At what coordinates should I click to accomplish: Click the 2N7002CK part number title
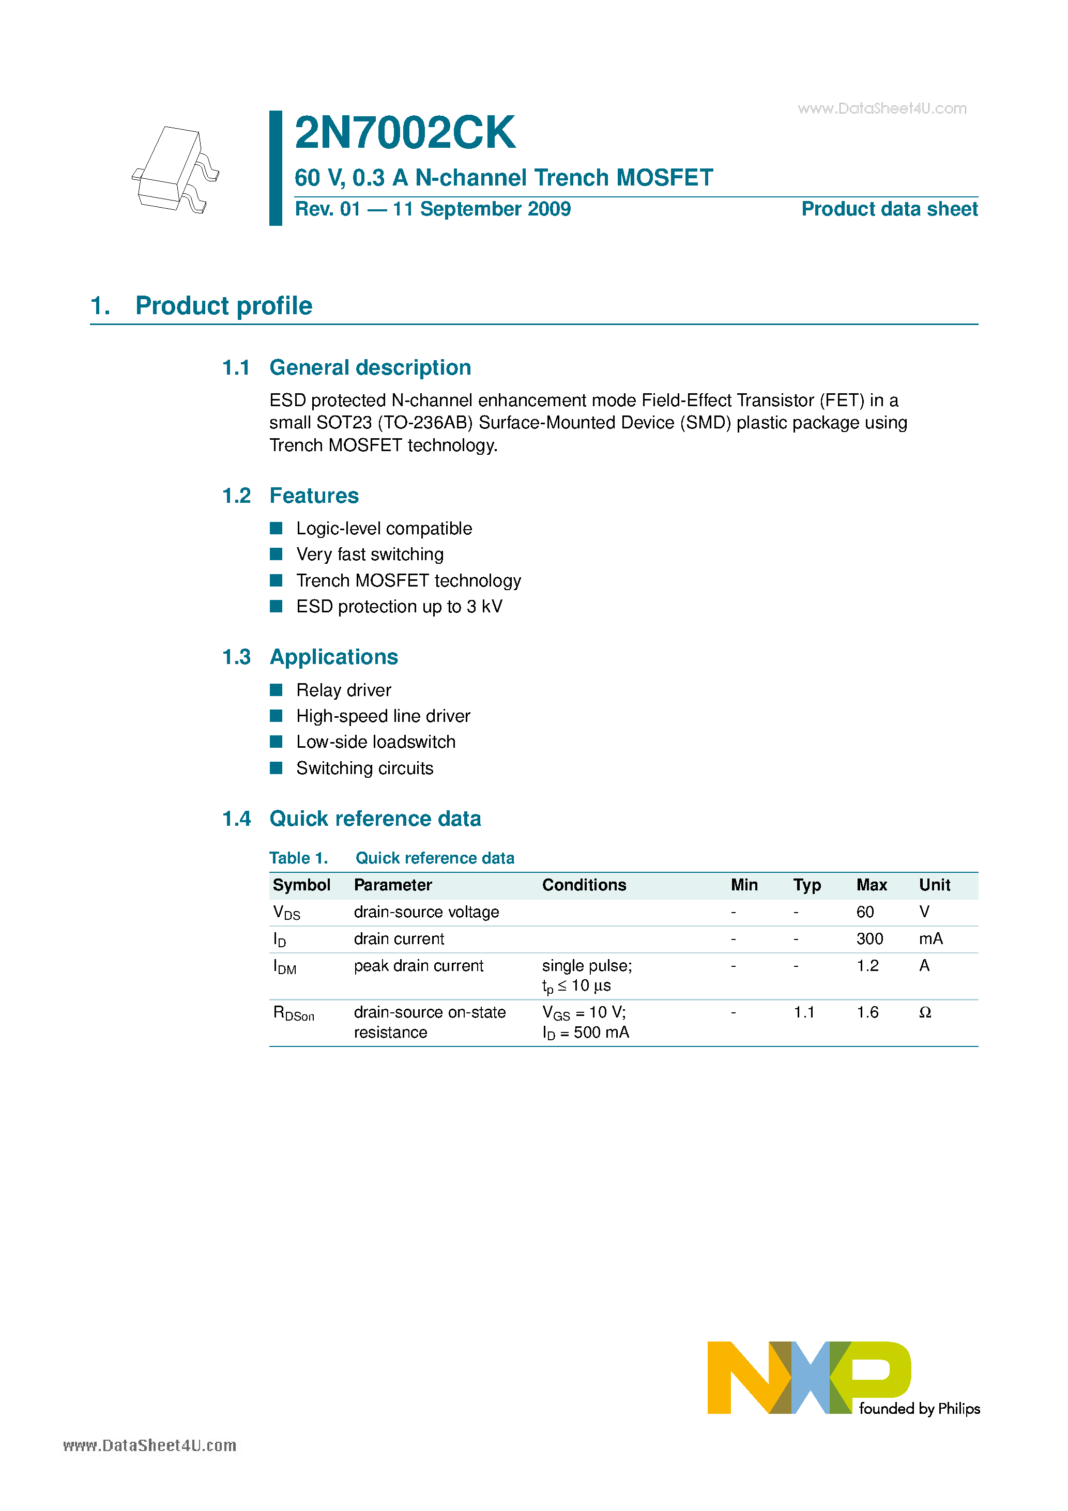click(x=404, y=133)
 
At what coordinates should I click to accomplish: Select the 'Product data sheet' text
click(x=889, y=209)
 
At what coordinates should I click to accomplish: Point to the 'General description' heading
click(x=370, y=367)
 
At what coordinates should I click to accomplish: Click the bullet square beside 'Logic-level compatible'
click(x=277, y=529)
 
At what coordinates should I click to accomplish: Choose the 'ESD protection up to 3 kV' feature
click(x=399, y=606)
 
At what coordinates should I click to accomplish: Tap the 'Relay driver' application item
click(x=343, y=690)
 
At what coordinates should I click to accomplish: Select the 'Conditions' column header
click(x=584, y=885)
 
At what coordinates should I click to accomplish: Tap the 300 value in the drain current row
click(x=869, y=939)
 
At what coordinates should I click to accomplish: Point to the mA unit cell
click(x=930, y=939)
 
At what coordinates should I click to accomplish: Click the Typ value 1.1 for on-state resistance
click(x=803, y=1012)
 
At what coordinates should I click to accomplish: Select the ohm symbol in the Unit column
click(x=924, y=1012)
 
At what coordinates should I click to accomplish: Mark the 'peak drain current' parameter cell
click(x=418, y=966)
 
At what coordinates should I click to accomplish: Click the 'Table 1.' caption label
click(x=298, y=858)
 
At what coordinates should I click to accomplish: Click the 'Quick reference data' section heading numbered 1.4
click(x=375, y=819)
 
